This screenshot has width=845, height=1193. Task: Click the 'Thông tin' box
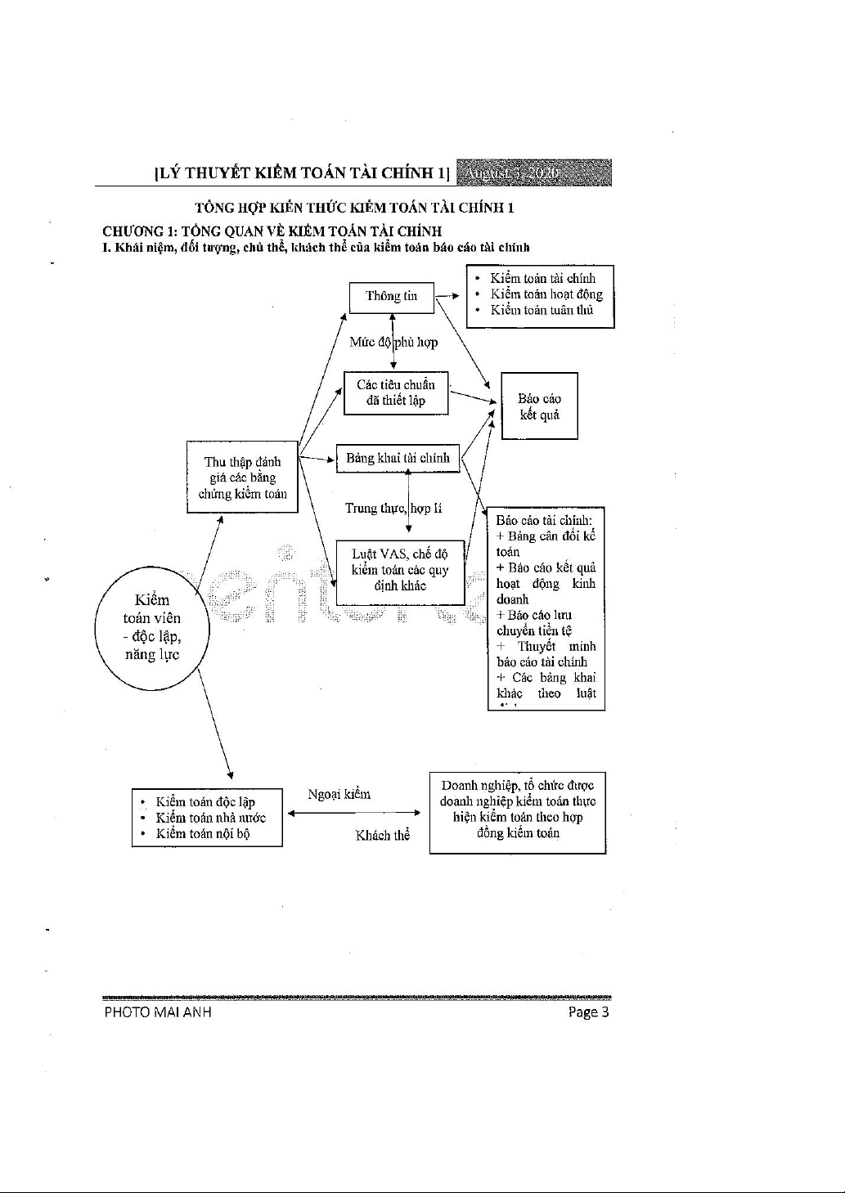click(391, 297)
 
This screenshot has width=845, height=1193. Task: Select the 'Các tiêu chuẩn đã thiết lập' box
click(395, 392)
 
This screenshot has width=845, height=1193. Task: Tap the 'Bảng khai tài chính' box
click(398, 459)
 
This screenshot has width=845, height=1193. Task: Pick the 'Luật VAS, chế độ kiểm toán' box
click(400, 570)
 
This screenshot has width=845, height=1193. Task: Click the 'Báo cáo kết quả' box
click(539, 406)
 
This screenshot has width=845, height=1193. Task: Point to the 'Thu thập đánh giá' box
click(242, 478)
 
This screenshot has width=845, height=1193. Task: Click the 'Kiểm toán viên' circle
click(152, 627)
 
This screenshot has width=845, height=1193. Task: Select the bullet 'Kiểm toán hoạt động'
click(546, 294)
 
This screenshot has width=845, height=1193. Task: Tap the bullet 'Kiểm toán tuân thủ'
click(541, 310)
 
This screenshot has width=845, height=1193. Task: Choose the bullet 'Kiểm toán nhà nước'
click(210, 818)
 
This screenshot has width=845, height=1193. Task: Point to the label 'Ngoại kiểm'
click(339, 794)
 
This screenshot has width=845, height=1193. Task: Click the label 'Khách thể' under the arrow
click(382, 835)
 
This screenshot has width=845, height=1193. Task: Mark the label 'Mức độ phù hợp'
click(393, 343)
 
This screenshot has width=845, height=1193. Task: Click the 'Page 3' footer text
click(589, 1012)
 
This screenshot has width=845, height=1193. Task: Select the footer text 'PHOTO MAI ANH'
click(158, 1012)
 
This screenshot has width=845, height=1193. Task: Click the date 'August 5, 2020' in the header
click(510, 173)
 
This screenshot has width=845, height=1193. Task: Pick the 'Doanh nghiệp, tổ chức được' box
click(517, 810)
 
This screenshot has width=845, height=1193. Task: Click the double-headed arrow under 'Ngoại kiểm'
click(354, 814)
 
